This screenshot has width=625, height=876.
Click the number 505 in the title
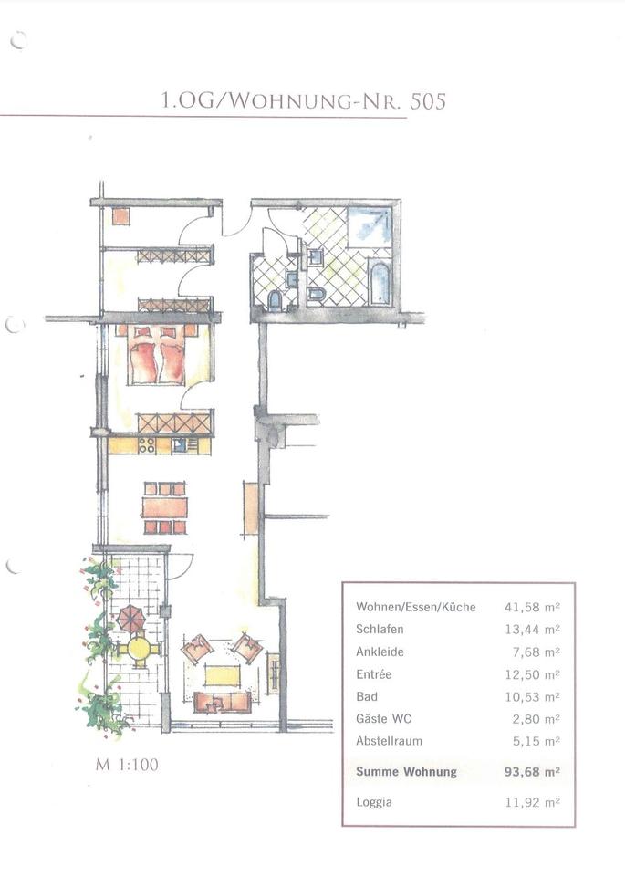(428, 101)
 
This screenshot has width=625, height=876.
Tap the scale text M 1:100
(127, 765)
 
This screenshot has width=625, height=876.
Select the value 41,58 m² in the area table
(532, 608)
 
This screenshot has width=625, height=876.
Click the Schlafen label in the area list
(380, 629)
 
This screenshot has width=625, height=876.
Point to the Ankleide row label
(380, 652)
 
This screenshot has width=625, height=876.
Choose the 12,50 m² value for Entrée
(532, 674)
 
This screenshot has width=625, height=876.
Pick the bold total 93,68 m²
(532, 772)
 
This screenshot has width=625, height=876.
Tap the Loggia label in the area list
(374, 802)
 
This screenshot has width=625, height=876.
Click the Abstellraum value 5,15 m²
(536, 741)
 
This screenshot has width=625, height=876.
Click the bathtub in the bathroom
(380, 283)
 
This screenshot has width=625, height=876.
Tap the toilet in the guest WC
(275, 300)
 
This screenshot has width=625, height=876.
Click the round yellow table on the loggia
(139, 649)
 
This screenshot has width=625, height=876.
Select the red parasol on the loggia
(131, 619)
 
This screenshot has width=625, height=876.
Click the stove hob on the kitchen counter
(147, 445)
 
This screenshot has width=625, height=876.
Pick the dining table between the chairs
(165, 508)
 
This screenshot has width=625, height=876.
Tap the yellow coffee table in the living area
(222, 675)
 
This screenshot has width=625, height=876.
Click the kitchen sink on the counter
(180, 445)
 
